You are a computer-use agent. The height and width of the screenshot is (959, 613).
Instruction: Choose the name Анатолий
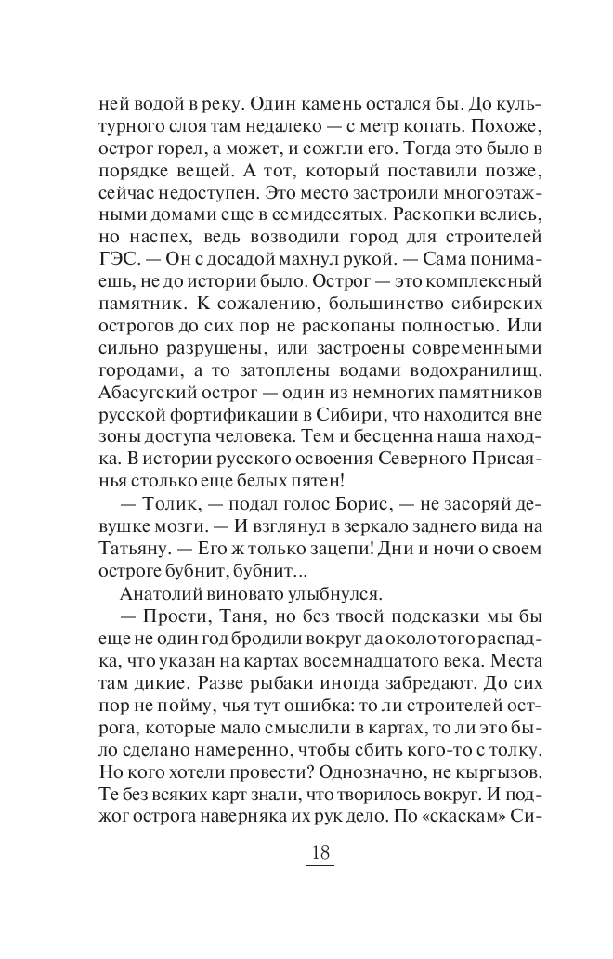pyautogui.click(x=165, y=591)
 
